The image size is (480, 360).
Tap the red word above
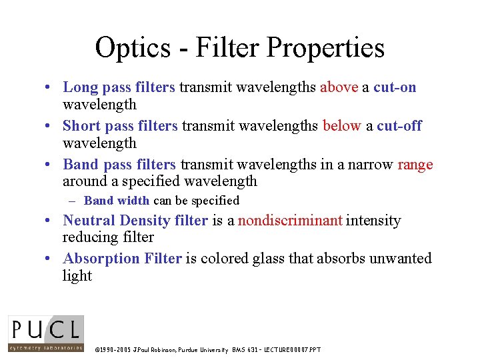(x=339, y=87)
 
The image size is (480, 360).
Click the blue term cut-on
(x=395, y=87)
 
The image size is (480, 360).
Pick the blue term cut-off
(x=399, y=126)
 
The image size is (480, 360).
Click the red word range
(x=415, y=165)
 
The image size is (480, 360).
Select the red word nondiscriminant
(x=290, y=221)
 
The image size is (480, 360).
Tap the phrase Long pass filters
(x=119, y=87)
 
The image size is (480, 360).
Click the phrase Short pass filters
(x=120, y=126)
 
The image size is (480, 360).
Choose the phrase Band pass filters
(x=119, y=165)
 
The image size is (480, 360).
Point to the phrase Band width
(x=117, y=201)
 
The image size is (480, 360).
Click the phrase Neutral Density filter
(x=135, y=221)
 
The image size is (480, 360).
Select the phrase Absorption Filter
(x=122, y=259)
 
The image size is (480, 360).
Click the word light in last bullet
(x=77, y=276)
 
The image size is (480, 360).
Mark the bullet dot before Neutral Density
(x=49, y=221)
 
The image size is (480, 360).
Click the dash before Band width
(x=76, y=201)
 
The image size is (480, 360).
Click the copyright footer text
(x=207, y=349)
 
